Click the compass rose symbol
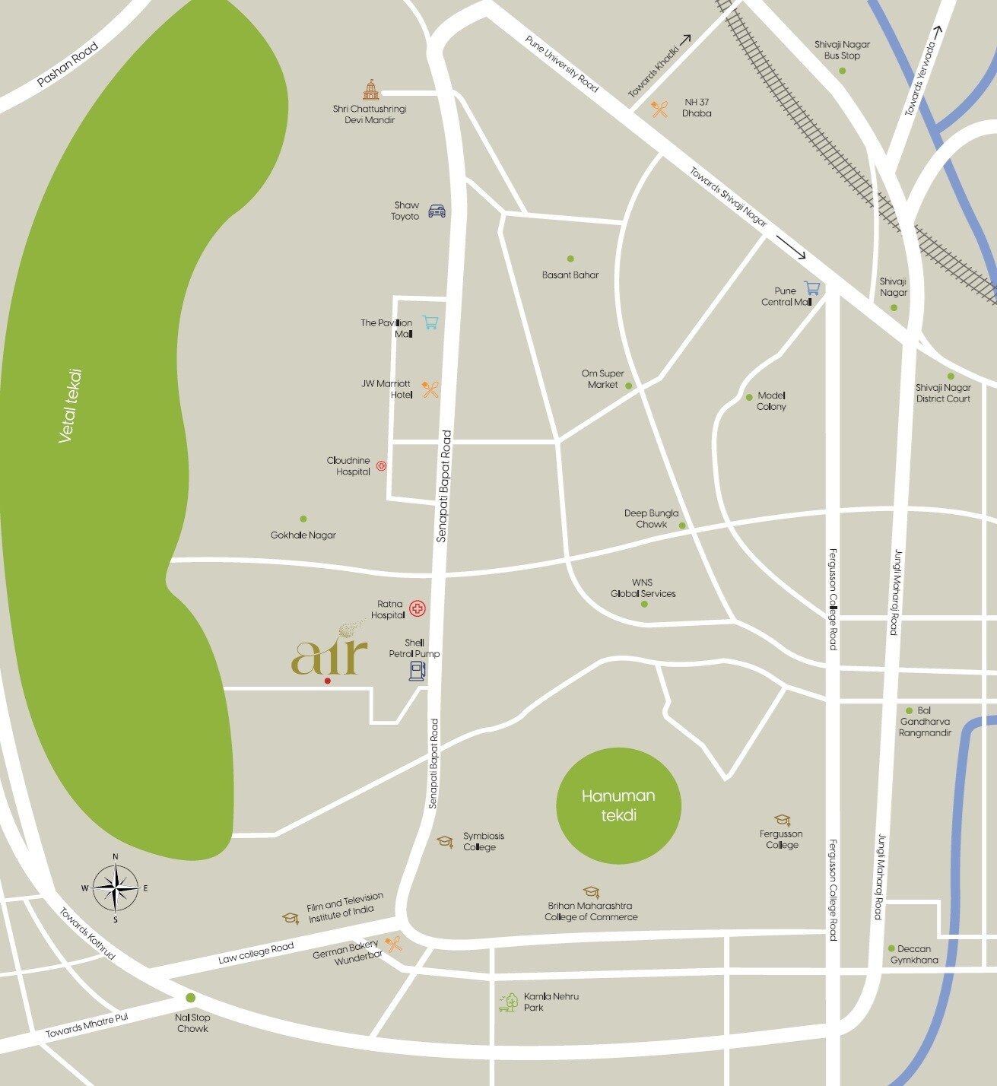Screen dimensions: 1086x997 pos(116,888)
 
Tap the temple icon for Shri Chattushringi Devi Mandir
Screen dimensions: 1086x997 pos(370,90)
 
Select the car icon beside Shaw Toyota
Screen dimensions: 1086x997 pos(437,211)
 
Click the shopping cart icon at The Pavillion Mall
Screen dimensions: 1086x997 pos(430,322)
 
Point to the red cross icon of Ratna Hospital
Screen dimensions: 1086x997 pos(418,608)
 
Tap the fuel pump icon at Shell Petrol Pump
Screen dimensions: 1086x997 pos(418,670)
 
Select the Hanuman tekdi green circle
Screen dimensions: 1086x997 pos(618,805)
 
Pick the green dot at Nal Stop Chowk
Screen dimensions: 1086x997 pos(190,998)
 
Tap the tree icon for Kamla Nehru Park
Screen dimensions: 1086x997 pos(508,1002)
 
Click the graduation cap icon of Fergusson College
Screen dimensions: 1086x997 pos(782,820)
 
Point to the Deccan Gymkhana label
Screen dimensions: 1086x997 pos(914,954)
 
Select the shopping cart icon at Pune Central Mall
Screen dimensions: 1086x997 pos(812,288)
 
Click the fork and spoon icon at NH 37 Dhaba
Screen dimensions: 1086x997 pos(659,109)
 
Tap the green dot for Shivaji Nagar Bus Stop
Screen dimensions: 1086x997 pos(842,71)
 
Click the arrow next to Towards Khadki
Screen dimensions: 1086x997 pos(685,40)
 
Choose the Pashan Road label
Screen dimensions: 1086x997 pos(68,65)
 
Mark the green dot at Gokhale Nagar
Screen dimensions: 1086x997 pos(303,519)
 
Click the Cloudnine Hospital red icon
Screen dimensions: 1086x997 pos(381,465)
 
